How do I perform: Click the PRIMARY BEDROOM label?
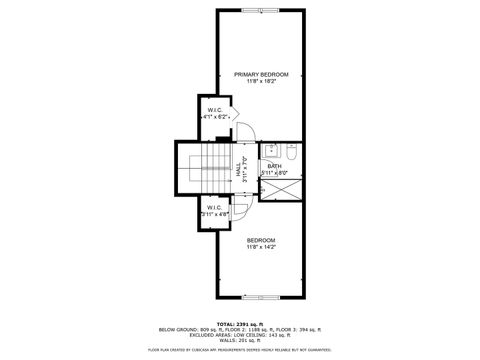pyautogui.click(x=261, y=75)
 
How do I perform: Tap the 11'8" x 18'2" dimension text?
pyautogui.click(x=261, y=82)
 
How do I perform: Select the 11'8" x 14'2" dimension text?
pyautogui.click(x=261, y=247)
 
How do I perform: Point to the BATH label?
pyautogui.click(x=274, y=166)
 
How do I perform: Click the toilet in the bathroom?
pyautogui.click(x=290, y=153)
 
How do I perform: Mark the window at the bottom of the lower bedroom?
pyautogui.click(x=261, y=298)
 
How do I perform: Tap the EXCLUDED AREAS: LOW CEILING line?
pyautogui.click(x=240, y=335)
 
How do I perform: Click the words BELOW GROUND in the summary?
pyautogui.click(x=177, y=329)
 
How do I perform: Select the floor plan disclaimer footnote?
pyautogui.click(x=240, y=350)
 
